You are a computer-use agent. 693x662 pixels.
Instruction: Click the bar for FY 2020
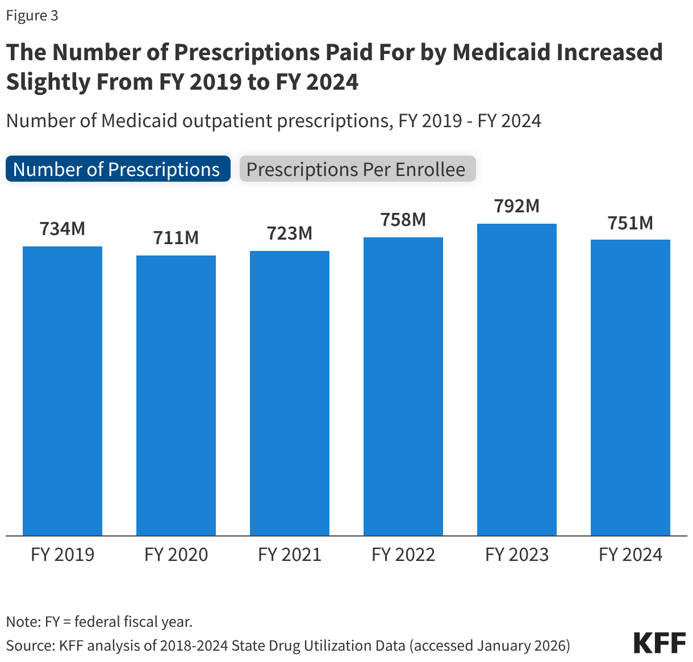176,395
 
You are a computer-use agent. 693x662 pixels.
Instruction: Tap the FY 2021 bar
290,393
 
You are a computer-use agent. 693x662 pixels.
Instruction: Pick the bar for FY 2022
403,386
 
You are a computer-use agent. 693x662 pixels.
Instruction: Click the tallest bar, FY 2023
517,379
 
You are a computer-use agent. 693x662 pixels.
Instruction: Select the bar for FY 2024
631,387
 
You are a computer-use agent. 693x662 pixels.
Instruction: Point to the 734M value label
62,229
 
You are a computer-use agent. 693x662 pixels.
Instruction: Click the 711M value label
176,238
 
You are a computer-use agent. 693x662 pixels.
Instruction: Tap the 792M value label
517,206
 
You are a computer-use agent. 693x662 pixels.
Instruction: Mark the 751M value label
631,223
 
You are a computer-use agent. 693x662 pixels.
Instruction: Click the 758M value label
403,220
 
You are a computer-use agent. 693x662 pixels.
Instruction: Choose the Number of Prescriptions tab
118,169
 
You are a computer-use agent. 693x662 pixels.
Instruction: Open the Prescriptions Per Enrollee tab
357,169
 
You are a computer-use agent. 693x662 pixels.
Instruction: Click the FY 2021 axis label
290,554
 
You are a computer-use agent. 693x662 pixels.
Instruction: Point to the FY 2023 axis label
517,554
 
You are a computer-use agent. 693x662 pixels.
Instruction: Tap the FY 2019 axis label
62,554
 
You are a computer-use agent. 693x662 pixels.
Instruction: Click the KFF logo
659,643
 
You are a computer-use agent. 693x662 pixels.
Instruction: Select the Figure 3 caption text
32,15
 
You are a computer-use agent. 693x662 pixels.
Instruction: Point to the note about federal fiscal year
99,622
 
